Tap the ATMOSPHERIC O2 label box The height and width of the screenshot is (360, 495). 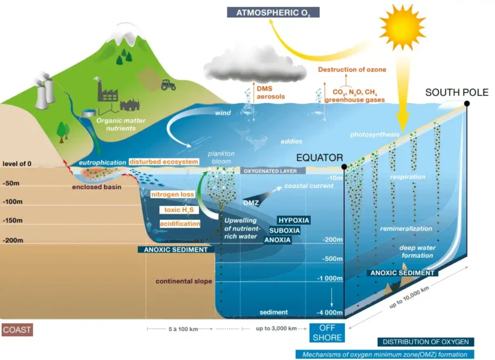273,13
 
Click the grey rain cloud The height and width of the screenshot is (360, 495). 255,66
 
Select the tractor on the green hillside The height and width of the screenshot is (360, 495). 168,85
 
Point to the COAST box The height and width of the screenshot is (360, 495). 17,330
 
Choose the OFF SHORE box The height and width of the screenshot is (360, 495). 327,333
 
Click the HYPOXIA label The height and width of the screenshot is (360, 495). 294,220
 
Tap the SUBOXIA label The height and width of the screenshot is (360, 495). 284,231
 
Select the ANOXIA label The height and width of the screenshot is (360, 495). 277,240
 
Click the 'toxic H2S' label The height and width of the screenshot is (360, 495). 179,210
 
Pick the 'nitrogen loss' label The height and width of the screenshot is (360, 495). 172,194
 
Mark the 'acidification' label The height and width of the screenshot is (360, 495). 180,223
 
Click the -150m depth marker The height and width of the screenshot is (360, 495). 13,220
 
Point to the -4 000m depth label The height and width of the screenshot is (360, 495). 329,313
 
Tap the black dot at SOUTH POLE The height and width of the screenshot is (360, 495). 467,104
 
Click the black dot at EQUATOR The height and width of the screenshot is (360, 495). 344,167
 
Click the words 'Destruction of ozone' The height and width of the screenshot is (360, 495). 352,70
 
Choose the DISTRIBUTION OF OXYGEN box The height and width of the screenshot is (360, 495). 425,342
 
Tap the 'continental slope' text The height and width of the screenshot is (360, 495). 184,281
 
